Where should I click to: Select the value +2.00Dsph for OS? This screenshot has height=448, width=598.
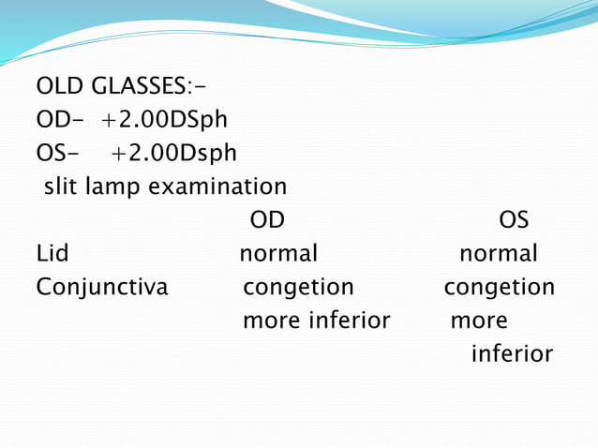(174, 153)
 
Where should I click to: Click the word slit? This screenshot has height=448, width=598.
(61, 186)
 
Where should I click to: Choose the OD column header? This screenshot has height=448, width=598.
(267, 220)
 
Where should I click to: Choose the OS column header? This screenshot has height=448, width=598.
(514, 220)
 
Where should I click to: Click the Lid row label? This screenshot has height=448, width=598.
(52, 253)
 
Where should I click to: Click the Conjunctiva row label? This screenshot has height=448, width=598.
(102, 287)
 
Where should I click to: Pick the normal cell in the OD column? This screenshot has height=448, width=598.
(278, 253)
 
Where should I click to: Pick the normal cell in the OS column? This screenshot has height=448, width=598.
(498, 253)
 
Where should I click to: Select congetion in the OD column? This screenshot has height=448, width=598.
(298, 287)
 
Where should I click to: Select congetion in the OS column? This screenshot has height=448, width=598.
(499, 287)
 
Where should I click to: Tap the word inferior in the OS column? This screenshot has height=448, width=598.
(512, 353)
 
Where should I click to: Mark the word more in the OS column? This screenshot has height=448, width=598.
(479, 321)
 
